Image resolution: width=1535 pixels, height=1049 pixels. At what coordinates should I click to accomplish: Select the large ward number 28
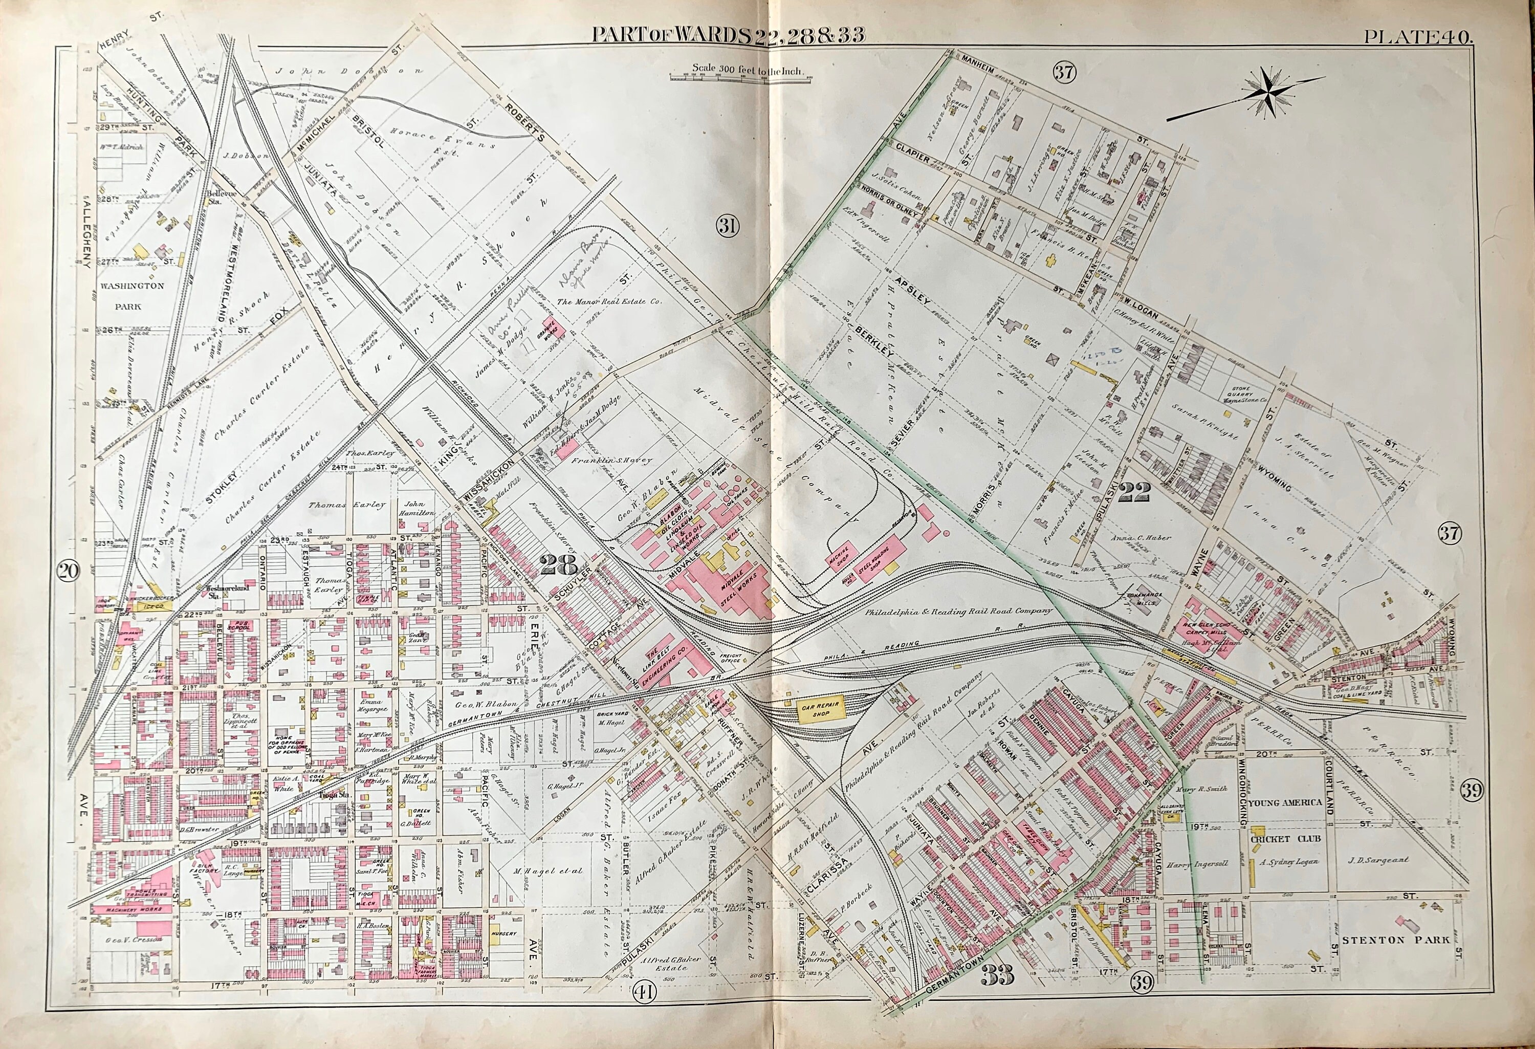559,565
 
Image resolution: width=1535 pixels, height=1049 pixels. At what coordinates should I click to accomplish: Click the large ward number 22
1135,491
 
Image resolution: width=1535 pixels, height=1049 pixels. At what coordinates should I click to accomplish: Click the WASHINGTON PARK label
132,296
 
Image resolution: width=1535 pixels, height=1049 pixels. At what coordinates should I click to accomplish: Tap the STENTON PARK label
1395,940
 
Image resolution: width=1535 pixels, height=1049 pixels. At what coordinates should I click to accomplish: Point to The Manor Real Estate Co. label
608,301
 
